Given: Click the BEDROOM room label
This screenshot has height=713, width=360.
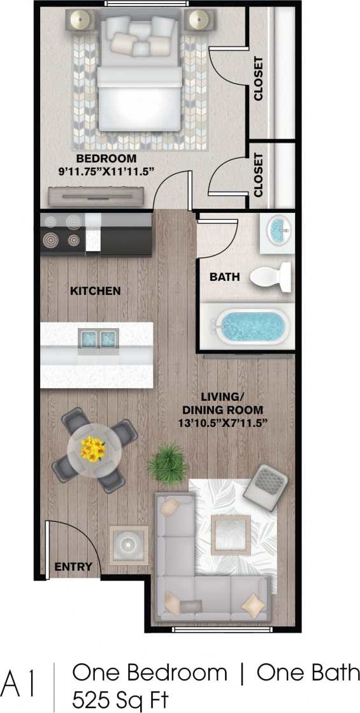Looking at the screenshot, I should click(106, 158).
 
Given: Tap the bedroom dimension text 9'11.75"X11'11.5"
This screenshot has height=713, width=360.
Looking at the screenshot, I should click(106, 171).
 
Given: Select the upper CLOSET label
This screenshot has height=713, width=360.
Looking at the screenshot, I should click(259, 79).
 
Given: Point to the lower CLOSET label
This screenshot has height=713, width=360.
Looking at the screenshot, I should click(259, 174).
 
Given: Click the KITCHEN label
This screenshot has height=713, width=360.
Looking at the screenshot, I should click(95, 291).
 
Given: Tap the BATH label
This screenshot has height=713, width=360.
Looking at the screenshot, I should click(224, 277).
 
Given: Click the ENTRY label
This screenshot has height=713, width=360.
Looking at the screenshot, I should click(73, 566).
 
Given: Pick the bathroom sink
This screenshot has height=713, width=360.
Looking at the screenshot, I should click(278, 230).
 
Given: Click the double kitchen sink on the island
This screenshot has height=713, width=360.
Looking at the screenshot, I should click(97, 339).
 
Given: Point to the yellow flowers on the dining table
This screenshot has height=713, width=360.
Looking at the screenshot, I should click(93, 449).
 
